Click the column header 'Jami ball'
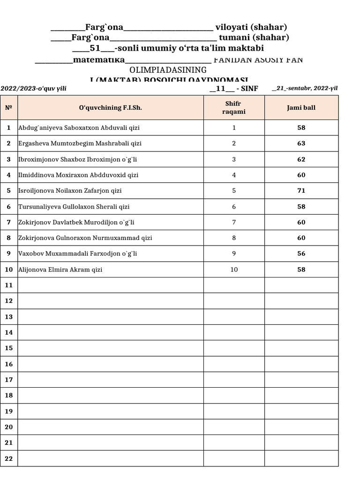click(x=301, y=108)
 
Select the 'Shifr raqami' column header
click(x=233, y=108)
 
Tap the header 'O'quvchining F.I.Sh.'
click(x=111, y=108)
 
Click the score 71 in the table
click(x=301, y=191)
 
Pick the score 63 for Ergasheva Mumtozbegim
click(x=301, y=143)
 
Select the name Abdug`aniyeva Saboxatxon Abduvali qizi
click(x=79, y=127)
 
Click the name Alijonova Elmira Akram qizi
click(x=60, y=270)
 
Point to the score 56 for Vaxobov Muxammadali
click(x=301, y=254)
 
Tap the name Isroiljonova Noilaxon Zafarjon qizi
click(x=70, y=191)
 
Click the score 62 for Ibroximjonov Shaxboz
click(x=301, y=159)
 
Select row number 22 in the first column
click(x=8, y=458)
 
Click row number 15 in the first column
click(x=8, y=348)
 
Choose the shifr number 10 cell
click(x=234, y=270)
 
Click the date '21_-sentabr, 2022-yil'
click(x=305, y=88)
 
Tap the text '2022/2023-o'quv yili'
click(x=33, y=88)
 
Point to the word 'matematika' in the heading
click(x=99, y=60)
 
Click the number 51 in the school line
click(x=95, y=48)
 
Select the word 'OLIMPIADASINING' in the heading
click(x=168, y=70)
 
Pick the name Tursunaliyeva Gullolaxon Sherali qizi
click(x=74, y=207)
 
